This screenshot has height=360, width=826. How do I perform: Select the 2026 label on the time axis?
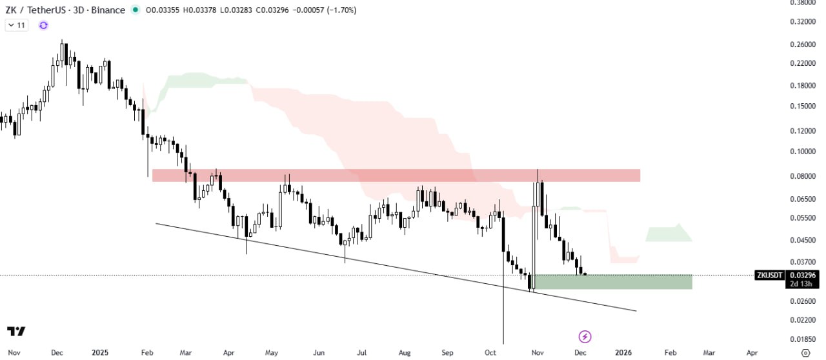click(623, 353)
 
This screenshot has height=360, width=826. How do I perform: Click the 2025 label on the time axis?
click(100, 353)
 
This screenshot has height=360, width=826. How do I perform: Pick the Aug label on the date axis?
click(405, 353)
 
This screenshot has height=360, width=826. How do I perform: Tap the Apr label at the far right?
click(752, 353)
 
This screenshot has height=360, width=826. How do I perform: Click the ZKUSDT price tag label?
click(770, 275)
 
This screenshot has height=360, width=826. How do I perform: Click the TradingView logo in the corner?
click(17, 332)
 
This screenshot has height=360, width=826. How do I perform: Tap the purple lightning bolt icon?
click(585, 336)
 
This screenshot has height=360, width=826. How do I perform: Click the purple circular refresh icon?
click(43, 25)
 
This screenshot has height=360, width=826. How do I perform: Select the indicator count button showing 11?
click(16, 25)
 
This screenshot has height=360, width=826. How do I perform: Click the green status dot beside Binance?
click(135, 10)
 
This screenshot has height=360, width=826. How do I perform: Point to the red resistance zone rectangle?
click(396, 175)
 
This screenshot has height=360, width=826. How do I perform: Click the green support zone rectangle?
click(613, 281)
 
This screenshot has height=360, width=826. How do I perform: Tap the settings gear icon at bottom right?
click(805, 353)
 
